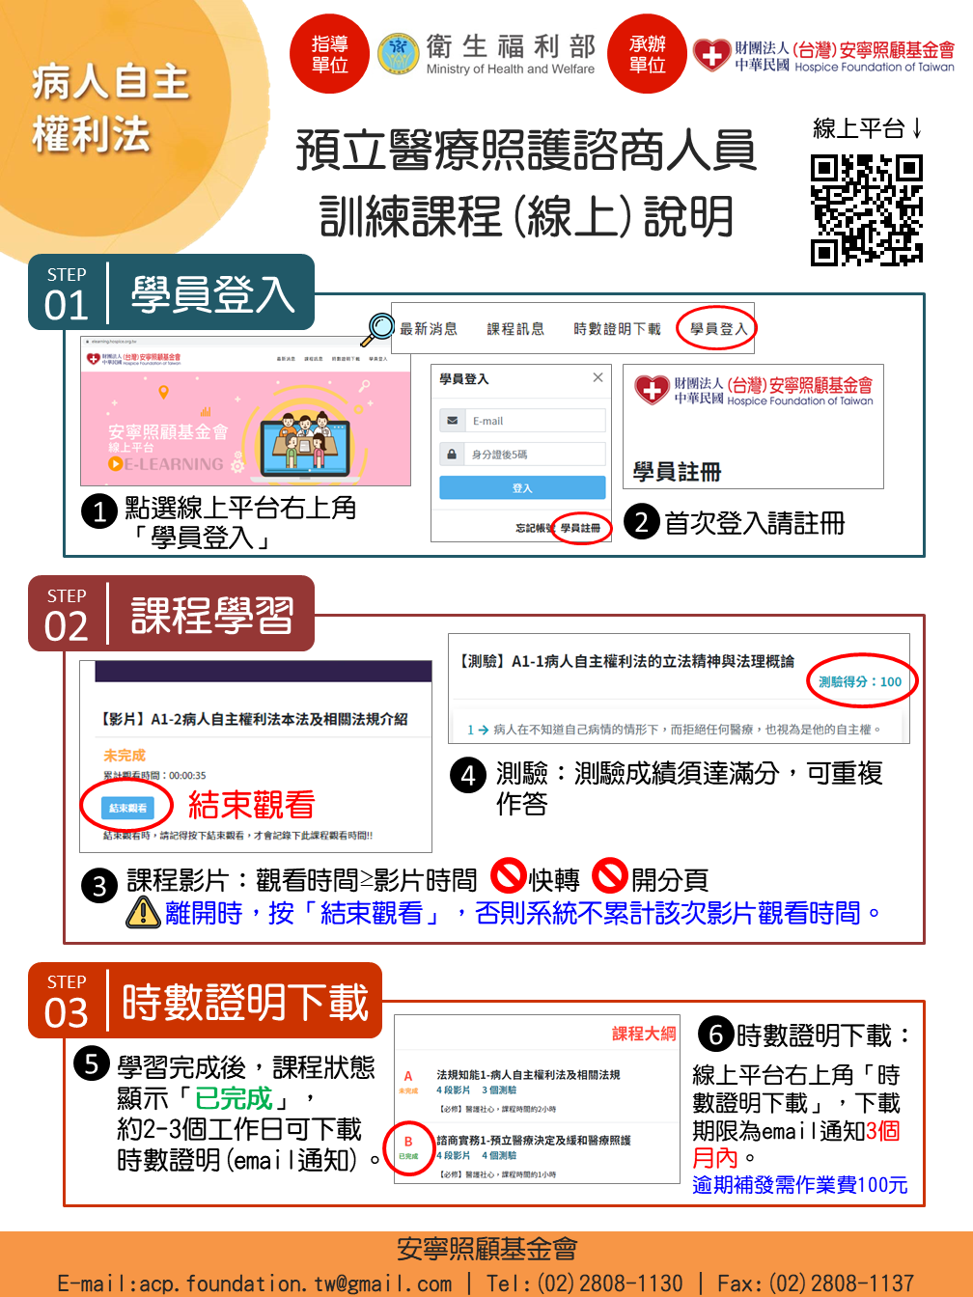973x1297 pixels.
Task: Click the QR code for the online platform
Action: coord(866,209)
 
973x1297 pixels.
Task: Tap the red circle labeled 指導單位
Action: coord(329,54)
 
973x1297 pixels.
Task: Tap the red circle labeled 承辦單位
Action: coord(647,54)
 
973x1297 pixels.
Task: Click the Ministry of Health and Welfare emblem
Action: coord(397,54)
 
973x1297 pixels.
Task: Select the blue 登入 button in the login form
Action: coord(522,488)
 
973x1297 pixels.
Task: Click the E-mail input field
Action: coord(535,421)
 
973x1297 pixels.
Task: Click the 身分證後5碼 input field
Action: coord(535,454)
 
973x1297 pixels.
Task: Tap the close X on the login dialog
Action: coord(598,377)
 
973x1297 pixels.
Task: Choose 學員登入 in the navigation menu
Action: coord(718,329)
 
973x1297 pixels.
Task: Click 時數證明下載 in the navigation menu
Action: coord(617,329)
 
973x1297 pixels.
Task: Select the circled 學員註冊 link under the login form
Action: coord(580,528)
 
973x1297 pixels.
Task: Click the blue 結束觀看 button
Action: coord(127,808)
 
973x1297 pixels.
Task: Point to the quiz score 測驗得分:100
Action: coord(860,681)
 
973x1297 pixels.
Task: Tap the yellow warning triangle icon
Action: coord(143,912)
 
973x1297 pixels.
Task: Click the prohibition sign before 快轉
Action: coord(509,876)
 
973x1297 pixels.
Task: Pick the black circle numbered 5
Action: coord(91,1064)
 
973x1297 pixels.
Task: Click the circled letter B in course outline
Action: coord(408,1142)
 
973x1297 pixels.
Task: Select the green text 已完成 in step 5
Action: coord(234,1098)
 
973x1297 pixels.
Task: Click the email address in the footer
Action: coord(255,1283)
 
